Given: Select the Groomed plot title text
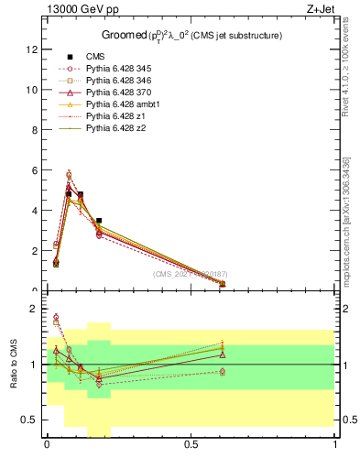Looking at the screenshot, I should coord(191,35).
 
